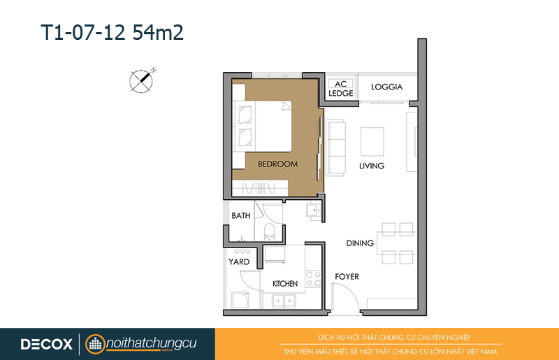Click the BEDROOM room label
tap(277, 164)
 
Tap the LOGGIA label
tap(387, 87)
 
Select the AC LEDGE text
tap(341, 89)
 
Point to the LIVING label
tap(372, 166)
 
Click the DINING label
tap(360, 243)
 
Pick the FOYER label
tap(347, 277)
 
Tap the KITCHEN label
tap(285, 284)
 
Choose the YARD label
tap(239, 262)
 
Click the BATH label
tap(241, 215)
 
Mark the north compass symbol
tap(142, 80)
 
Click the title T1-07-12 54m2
tap(112, 32)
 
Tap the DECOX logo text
tap(47, 345)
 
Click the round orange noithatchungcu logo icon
tap(95, 345)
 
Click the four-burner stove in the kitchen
tap(313, 279)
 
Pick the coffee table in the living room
tap(372, 142)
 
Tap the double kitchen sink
tap(284, 301)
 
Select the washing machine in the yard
tap(240, 300)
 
